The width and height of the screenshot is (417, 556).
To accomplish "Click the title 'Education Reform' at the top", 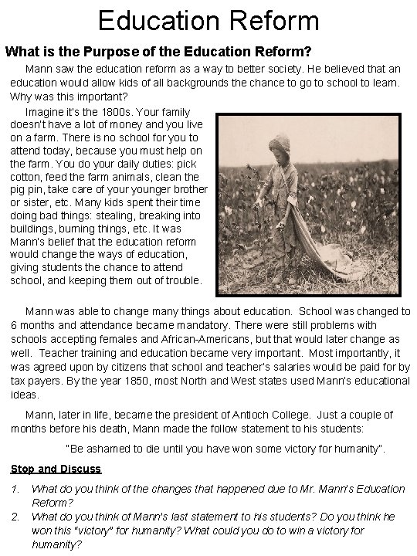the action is tap(208, 19).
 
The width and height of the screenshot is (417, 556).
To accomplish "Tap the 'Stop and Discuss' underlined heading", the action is tap(56, 469).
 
